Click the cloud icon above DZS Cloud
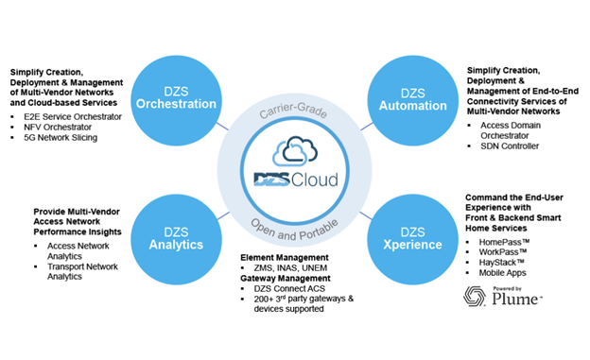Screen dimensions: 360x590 click(295, 151)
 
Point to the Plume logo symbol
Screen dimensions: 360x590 click(477, 298)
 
